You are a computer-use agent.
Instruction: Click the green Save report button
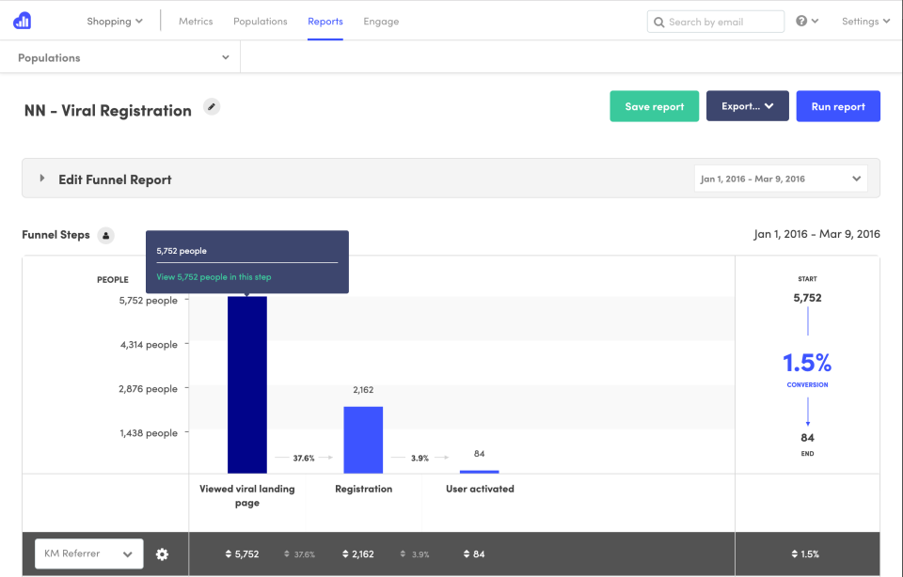point(654,106)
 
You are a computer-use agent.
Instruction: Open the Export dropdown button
point(747,106)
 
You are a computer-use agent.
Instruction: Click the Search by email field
point(716,22)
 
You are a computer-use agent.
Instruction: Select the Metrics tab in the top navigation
point(196,22)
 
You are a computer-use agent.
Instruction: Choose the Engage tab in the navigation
point(381,22)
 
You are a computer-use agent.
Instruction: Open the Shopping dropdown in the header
point(115,22)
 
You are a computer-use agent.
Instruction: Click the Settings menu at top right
point(865,22)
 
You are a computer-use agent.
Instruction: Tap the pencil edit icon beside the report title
point(213,107)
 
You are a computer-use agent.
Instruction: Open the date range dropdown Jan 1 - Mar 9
point(780,179)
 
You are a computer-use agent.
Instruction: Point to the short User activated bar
point(480,471)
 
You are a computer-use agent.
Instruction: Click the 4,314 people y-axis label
point(149,345)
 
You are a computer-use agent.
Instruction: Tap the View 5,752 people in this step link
point(214,277)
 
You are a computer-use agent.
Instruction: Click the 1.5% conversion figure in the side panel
point(807,364)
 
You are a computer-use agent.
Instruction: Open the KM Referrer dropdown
point(88,554)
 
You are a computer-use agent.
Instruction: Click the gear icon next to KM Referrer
point(162,554)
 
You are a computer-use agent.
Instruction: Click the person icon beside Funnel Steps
point(106,235)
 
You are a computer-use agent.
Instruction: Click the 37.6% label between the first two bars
point(304,458)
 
